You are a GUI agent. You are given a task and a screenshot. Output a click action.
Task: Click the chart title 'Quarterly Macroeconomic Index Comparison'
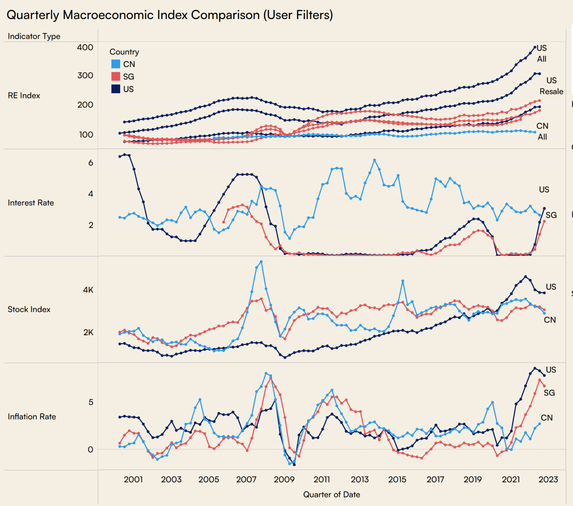(169, 15)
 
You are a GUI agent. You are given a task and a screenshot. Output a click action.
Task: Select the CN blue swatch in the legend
(116, 64)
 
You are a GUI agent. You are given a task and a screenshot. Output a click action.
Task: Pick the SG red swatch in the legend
(116, 76)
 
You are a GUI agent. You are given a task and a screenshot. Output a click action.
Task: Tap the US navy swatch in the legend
(116, 89)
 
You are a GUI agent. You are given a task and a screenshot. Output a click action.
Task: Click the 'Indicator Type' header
(34, 36)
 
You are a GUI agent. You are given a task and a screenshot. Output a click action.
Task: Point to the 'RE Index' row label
(24, 95)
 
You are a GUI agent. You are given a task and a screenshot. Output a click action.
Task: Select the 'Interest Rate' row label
(31, 203)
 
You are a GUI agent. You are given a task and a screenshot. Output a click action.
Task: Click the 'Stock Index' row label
(29, 309)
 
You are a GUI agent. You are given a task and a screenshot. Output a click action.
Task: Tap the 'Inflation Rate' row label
(32, 417)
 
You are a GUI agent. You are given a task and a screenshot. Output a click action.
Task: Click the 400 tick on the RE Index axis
(85, 47)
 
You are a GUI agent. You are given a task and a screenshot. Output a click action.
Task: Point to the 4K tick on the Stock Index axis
(88, 290)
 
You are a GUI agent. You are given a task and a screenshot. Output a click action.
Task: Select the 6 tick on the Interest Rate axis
(91, 163)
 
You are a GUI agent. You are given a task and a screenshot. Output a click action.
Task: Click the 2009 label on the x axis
(284, 479)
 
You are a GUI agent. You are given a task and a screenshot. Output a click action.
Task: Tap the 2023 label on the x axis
(548, 479)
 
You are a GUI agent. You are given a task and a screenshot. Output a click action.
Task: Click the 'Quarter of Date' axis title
(331, 494)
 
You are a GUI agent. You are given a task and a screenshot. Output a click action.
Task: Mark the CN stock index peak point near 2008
(261, 262)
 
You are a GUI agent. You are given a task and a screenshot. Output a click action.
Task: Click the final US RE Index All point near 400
(535, 47)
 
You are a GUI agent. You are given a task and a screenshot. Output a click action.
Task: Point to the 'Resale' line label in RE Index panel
(551, 91)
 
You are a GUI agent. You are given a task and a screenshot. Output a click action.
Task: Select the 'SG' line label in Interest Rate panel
(551, 215)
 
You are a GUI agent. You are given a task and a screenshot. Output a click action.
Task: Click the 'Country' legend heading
(124, 52)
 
